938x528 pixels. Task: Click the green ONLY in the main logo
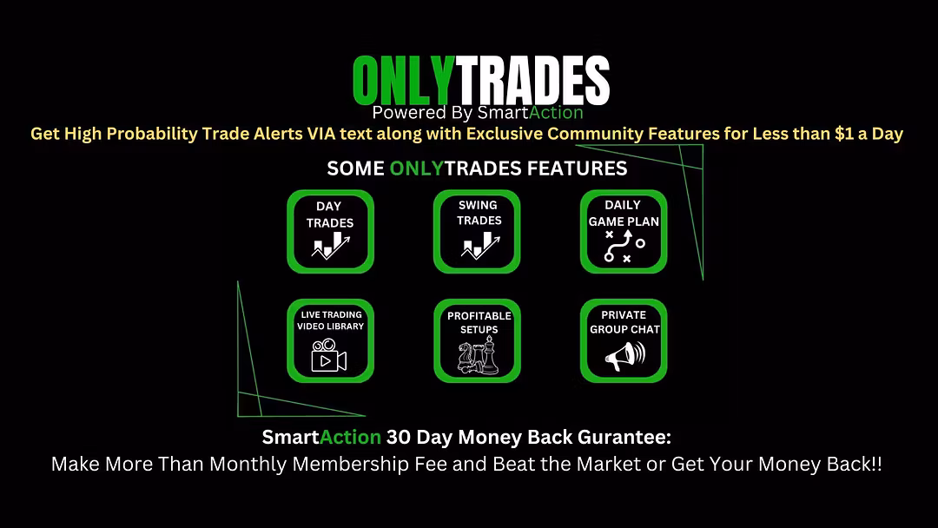[x=404, y=81]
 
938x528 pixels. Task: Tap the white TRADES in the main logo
[x=532, y=81]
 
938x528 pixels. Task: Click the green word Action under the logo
[x=557, y=112]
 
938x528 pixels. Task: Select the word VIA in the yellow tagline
[x=321, y=134]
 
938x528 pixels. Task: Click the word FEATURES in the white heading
[x=577, y=168]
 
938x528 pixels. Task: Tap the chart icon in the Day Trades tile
[x=331, y=245]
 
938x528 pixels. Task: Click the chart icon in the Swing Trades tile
[x=480, y=245]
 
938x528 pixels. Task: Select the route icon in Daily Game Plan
[x=624, y=246]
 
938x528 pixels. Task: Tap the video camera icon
[x=329, y=355]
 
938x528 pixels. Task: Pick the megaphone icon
[x=625, y=356]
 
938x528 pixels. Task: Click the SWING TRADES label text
[x=479, y=213]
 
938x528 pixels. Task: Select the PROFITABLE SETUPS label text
[x=479, y=322]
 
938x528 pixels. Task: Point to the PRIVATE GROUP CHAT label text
[x=624, y=321]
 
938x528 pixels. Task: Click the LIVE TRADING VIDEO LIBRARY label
[x=331, y=320]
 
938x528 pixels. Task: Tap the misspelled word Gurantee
[x=624, y=437]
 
